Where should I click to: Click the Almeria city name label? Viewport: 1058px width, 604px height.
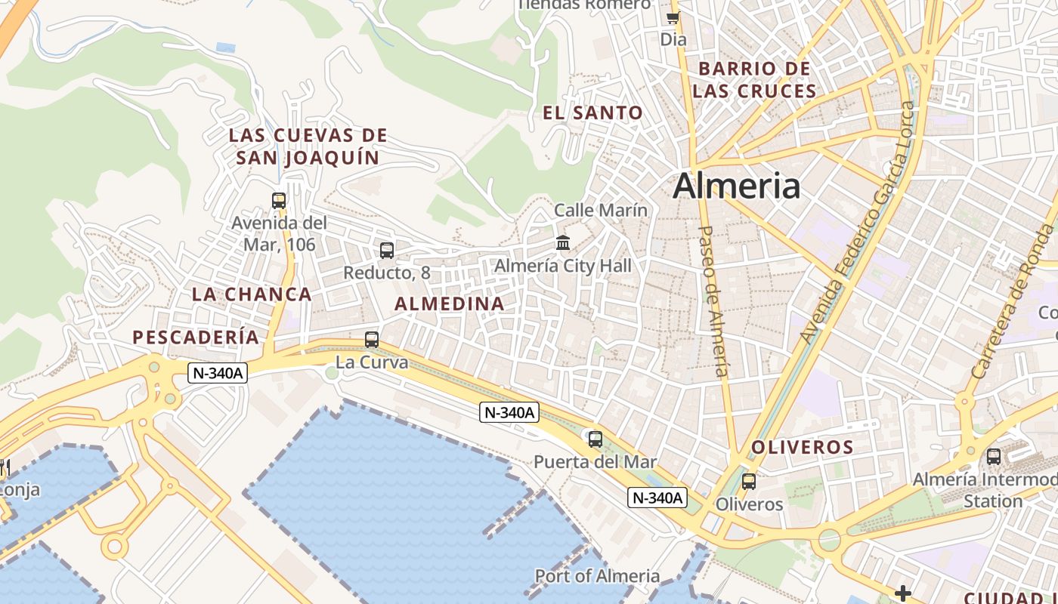pyautogui.click(x=736, y=186)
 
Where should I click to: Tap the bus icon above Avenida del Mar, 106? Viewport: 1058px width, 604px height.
pyautogui.click(x=279, y=200)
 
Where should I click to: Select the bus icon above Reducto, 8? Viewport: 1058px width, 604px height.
pyautogui.click(x=387, y=250)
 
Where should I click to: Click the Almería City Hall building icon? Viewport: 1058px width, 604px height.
pyautogui.click(x=563, y=242)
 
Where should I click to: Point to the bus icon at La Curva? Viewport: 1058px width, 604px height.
pyautogui.click(x=372, y=339)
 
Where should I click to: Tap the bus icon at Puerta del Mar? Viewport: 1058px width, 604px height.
pyautogui.click(x=596, y=439)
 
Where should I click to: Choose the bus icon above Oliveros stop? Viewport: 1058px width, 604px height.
pyautogui.click(x=749, y=481)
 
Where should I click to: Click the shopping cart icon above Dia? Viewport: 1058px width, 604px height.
pyautogui.click(x=673, y=17)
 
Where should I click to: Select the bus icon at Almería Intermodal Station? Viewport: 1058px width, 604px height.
pyautogui.click(x=994, y=456)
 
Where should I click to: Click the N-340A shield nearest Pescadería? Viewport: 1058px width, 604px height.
pyautogui.click(x=218, y=372)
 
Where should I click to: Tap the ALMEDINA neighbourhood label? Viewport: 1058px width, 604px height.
pyautogui.click(x=450, y=304)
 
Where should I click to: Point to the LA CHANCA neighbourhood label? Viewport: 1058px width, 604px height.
pyautogui.click(x=252, y=294)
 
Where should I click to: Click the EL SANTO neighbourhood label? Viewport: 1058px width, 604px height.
pyautogui.click(x=593, y=113)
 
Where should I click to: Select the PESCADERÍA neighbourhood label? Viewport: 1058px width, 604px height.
pyautogui.click(x=196, y=337)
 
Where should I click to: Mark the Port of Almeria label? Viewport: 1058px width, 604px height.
pyautogui.click(x=597, y=576)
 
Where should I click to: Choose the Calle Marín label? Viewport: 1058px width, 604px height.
pyautogui.click(x=601, y=210)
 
